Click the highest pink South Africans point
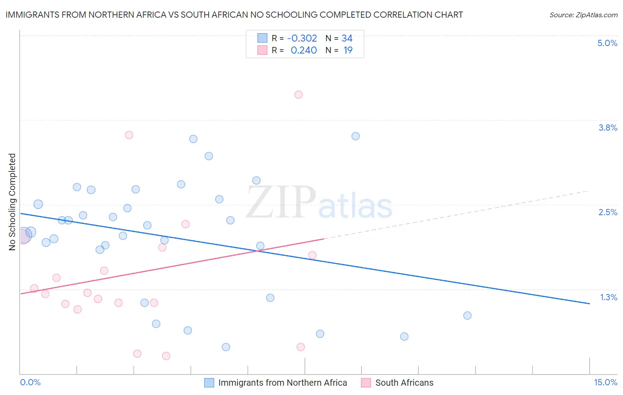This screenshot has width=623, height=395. click(298, 95)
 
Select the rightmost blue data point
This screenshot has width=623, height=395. click(467, 316)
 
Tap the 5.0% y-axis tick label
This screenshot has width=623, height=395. click(607, 43)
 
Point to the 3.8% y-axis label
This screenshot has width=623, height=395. click(607, 128)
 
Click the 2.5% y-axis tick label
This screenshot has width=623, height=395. click(607, 212)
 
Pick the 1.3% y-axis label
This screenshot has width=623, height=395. click(608, 297)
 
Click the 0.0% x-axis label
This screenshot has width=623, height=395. click(30, 382)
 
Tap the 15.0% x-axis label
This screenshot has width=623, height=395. click(605, 382)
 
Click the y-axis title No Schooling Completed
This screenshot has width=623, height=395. click(12, 202)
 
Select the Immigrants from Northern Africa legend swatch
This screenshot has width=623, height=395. click(209, 383)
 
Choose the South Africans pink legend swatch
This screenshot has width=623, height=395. click(366, 383)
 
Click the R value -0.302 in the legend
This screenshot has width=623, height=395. click(302, 39)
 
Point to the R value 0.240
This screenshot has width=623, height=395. click(304, 50)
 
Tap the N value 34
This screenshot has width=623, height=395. click(347, 39)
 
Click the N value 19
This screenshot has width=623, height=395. click(348, 50)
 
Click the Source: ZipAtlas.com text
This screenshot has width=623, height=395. click(583, 15)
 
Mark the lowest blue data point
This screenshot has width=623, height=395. click(226, 347)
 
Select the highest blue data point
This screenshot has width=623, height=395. click(355, 136)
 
